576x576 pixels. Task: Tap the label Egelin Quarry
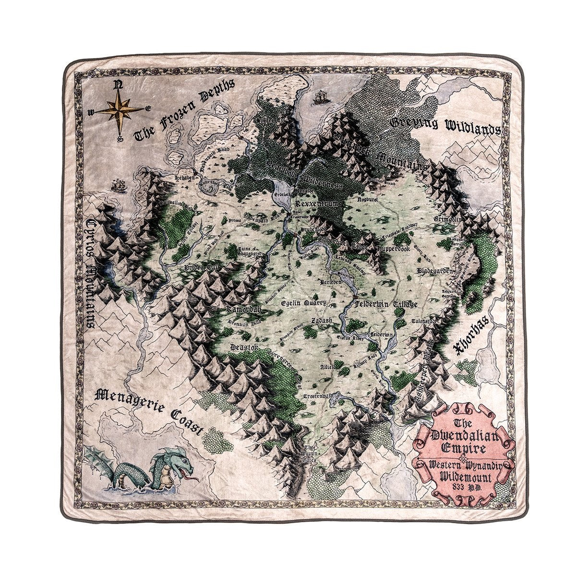(x=304, y=303)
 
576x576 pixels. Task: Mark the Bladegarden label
(x=435, y=271)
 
